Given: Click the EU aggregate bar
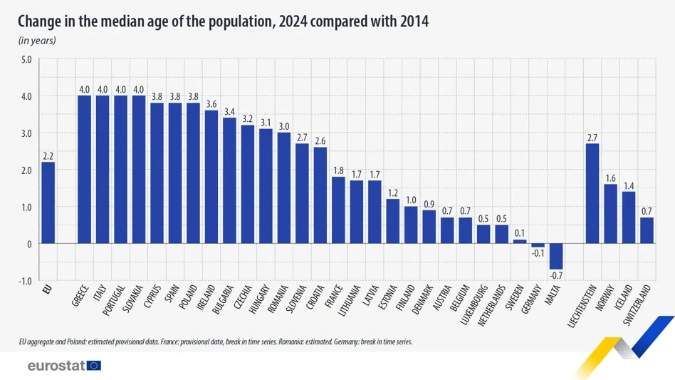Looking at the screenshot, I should point(48,202).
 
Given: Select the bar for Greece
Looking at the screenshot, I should point(84,170).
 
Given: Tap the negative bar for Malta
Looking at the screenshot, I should point(555,256).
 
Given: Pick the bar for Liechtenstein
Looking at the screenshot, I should point(592,193).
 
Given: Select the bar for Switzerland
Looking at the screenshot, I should point(647,230).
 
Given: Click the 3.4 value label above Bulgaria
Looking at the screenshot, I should point(229,112).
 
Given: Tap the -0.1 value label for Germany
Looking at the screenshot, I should point(537,253).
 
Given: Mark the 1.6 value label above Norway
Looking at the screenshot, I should point(610,178).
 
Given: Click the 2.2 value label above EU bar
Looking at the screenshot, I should point(48,156).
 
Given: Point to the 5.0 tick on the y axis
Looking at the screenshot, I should point(26,59).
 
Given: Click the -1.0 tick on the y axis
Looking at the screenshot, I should point(24,281).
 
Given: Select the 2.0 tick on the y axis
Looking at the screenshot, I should point(26,170).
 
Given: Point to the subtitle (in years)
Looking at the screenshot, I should point(37,41).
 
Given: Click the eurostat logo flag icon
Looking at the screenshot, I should point(93,366).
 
